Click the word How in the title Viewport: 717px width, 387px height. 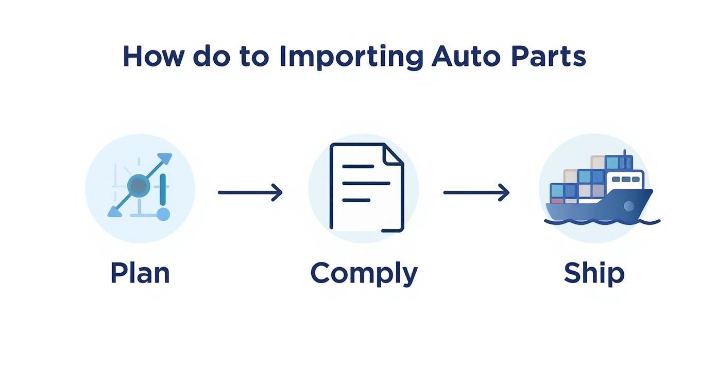click(152, 57)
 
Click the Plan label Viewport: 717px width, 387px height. click(140, 273)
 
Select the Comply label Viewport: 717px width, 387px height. click(364, 274)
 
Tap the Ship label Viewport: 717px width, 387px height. click(594, 273)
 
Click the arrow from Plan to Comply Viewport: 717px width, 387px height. click(250, 192)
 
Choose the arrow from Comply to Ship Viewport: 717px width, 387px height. click(476, 192)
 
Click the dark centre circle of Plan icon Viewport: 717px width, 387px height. click(138, 185)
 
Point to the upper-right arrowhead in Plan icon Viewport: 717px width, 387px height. click(165, 159)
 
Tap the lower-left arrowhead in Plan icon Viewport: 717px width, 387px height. click(114, 210)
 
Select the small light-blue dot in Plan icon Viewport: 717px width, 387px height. click(163, 214)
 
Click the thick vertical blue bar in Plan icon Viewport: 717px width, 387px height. click(163, 190)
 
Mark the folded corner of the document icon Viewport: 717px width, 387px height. click(394, 154)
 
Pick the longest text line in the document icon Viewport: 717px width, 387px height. click(366, 183)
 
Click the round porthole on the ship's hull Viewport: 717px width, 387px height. click(628, 206)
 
